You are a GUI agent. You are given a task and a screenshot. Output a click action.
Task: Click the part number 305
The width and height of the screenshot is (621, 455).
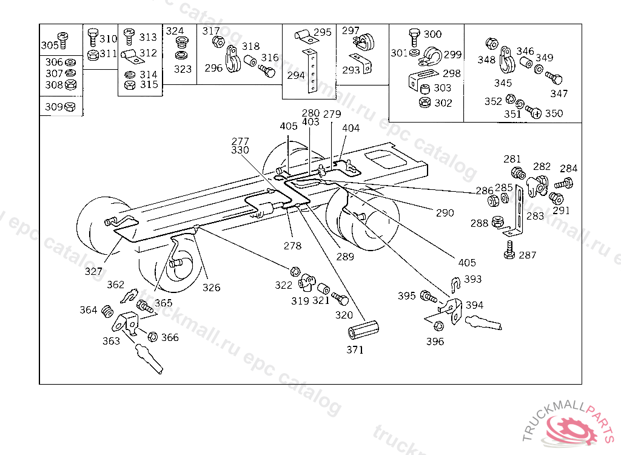(50, 45)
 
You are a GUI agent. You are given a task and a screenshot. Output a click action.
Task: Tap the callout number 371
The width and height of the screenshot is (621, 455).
(355, 349)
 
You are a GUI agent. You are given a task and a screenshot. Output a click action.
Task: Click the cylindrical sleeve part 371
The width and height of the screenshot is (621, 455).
(363, 330)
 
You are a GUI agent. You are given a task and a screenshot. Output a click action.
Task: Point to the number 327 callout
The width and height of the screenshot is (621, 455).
(93, 272)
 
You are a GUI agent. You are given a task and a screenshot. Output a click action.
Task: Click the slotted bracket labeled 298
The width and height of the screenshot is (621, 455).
(423, 79)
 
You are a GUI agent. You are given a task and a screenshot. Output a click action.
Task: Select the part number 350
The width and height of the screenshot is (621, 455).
(554, 113)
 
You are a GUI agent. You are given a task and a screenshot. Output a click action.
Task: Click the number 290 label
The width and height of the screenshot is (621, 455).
(445, 213)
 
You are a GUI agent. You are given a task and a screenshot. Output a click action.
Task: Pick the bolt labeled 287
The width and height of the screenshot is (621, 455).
(509, 250)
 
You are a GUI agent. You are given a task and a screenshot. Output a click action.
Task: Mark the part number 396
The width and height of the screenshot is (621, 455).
(435, 341)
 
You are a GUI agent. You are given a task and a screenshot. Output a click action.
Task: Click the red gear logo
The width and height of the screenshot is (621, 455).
(571, 430)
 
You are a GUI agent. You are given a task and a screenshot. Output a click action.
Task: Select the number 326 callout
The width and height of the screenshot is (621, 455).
(211, 288)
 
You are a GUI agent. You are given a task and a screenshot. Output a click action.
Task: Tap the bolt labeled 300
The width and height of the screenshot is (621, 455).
(414, 37)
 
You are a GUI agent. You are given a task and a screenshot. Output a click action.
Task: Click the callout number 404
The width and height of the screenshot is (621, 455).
(351, 128)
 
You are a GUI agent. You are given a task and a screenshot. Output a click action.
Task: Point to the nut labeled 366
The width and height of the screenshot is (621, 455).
(152, 337)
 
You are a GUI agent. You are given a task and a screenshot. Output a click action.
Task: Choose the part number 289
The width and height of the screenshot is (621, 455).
(345, 257)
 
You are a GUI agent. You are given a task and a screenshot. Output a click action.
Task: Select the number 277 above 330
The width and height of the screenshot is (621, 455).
(240, 141)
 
